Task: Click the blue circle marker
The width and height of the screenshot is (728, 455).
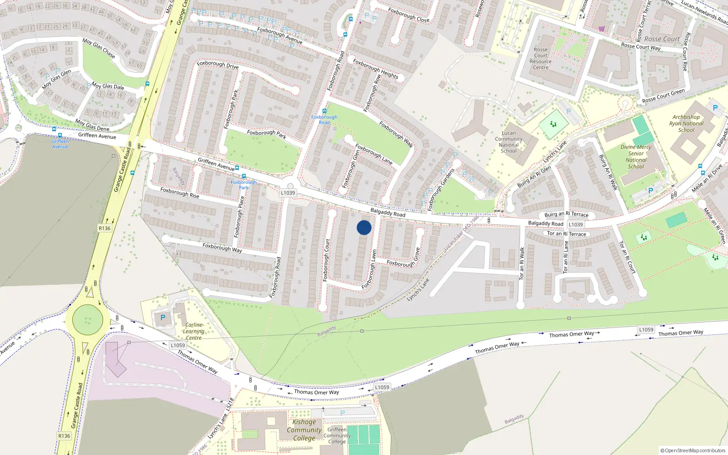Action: [x=364, y=227]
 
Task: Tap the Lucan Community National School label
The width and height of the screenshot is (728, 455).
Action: [x=508, y=142]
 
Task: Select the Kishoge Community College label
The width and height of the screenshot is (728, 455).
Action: [x=304, y=430]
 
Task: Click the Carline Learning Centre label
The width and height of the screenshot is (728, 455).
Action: [x=194, y=331]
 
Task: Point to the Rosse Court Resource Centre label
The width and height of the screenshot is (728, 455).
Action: [x=541, y=59]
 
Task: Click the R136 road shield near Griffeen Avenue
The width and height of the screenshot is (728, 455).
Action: [x=105, y=228]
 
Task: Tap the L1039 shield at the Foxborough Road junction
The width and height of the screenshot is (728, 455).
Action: [x=288, y=192]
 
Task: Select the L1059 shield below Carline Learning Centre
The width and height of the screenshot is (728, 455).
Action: [x=178, y=345]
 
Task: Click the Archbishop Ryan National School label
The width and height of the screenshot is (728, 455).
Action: [x=686, y=123]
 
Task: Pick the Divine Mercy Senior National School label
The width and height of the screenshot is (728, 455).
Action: [x=636, y=157]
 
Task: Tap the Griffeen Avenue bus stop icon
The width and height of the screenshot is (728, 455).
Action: [x=60, y=135]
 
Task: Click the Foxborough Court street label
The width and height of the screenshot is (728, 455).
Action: [x=326, y=260]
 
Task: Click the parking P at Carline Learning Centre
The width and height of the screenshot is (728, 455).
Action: [x=163, y=318]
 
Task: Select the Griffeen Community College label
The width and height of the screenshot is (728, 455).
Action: [x=337, y=435]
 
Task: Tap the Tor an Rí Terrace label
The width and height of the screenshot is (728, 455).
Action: [x=566, y=234]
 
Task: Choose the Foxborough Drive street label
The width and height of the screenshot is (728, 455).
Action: [x=217, y=65]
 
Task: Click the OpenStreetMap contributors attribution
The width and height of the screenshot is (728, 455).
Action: [x=693, y=450]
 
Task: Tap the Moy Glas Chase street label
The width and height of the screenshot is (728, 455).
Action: [x=99, y=48]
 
